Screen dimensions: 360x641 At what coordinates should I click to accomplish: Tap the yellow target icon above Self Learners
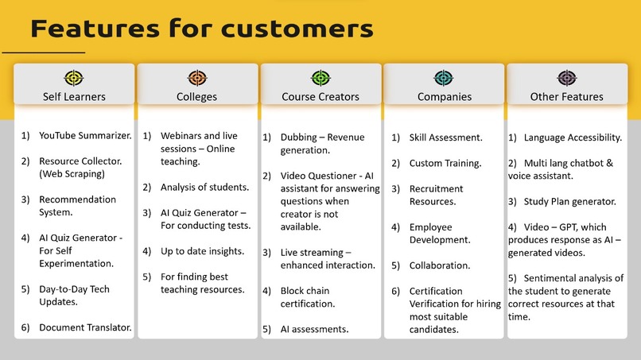(74, 79)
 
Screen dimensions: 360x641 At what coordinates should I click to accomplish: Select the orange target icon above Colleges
(197, 79)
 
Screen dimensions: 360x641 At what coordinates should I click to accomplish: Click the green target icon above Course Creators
(320, 79)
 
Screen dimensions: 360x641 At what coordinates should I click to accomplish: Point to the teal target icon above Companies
(444, 79)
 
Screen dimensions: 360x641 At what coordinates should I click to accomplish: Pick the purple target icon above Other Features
(566, 79)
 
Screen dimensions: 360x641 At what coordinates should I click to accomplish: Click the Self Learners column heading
(74, 97)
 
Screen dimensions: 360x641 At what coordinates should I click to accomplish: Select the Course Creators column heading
(320, 97)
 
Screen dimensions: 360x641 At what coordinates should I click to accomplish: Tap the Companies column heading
(444, 97)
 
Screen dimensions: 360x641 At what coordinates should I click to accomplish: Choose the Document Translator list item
(85, 327)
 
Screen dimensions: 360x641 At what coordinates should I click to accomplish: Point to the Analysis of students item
(204, 188)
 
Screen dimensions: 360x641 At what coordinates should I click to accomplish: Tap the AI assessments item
(314, 329)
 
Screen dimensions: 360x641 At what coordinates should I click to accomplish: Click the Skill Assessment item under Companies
(445, 137)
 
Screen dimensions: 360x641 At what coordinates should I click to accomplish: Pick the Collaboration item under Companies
(439, 265)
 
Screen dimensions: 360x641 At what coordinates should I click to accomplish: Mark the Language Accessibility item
(572, 137)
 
